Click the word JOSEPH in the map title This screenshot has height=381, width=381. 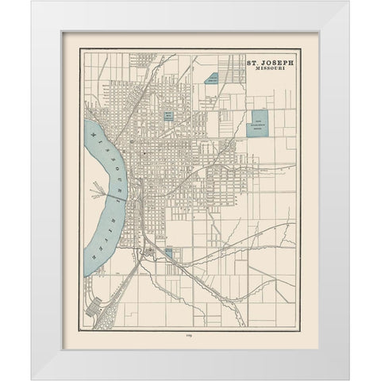(x=275, y=60)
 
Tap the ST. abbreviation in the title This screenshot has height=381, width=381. (x=251, y=60)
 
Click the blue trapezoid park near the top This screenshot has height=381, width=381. (x=212, y=80)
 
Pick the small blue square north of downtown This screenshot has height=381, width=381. (x=169, y=116)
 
